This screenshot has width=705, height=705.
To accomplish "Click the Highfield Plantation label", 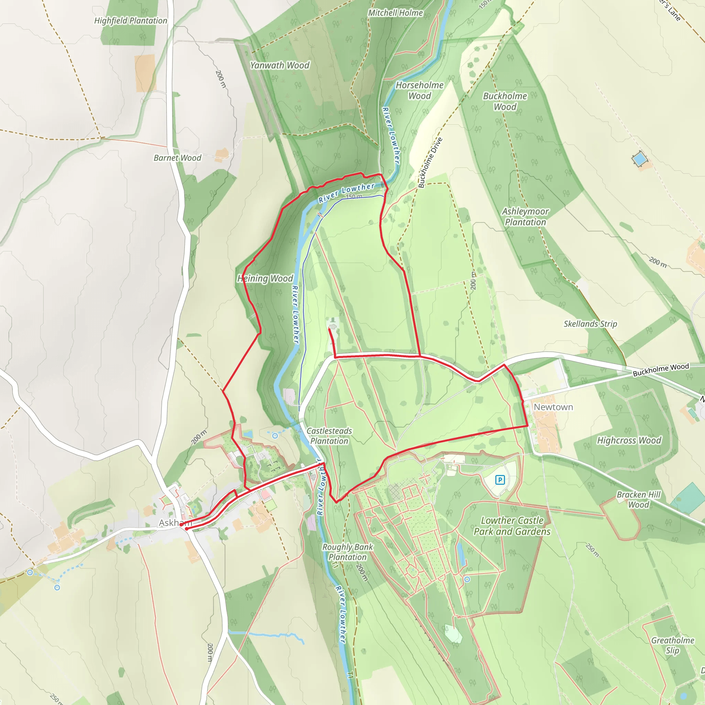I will point(130,21).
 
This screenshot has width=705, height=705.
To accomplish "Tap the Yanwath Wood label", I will point(280,65).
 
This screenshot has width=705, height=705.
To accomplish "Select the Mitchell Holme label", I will point(396,13).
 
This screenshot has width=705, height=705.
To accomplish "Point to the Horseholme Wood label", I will point(420,91).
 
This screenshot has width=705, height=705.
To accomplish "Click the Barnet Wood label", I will point(177,158).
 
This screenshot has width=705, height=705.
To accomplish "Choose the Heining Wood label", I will point(265,279).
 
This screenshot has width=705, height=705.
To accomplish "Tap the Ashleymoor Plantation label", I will point(525,217).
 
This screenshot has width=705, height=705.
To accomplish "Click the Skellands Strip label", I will point(590,324).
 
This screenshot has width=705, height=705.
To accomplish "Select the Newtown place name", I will point(553,407).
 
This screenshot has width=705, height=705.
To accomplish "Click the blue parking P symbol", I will point(500,480).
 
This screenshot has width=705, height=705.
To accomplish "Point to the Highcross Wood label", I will point(629,440).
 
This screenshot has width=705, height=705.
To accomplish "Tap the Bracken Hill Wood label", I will point(639,499).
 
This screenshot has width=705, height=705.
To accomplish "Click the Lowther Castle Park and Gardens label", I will point(512,526).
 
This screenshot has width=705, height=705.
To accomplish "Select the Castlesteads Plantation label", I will point(329,436).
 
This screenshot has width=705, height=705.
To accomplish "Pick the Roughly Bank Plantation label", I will point(347,552).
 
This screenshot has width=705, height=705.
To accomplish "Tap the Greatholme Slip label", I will point(673,645).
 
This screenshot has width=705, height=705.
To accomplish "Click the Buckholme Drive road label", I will point(430,163).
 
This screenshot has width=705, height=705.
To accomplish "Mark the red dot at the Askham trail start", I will point(187,529).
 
